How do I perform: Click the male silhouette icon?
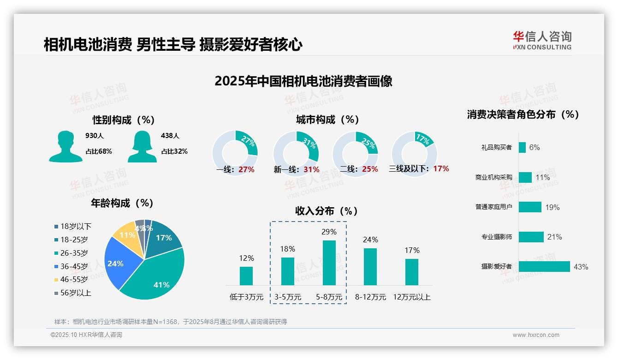(65, 146)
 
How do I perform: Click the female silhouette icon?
(142, 146)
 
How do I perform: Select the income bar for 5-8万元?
(329, 263)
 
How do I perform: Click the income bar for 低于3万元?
(246, 276)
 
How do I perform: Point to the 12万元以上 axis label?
(411, 297)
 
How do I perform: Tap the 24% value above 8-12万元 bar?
(370, 240)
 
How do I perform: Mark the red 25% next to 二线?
(370, 169)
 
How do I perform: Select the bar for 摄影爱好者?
(544, 266)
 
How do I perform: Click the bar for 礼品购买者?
(522, 147)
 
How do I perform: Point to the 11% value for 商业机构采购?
(543, 177)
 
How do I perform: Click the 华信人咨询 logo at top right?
(542, 41)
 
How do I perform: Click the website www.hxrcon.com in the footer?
(536, 335)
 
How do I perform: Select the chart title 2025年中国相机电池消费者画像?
(303, 81)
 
